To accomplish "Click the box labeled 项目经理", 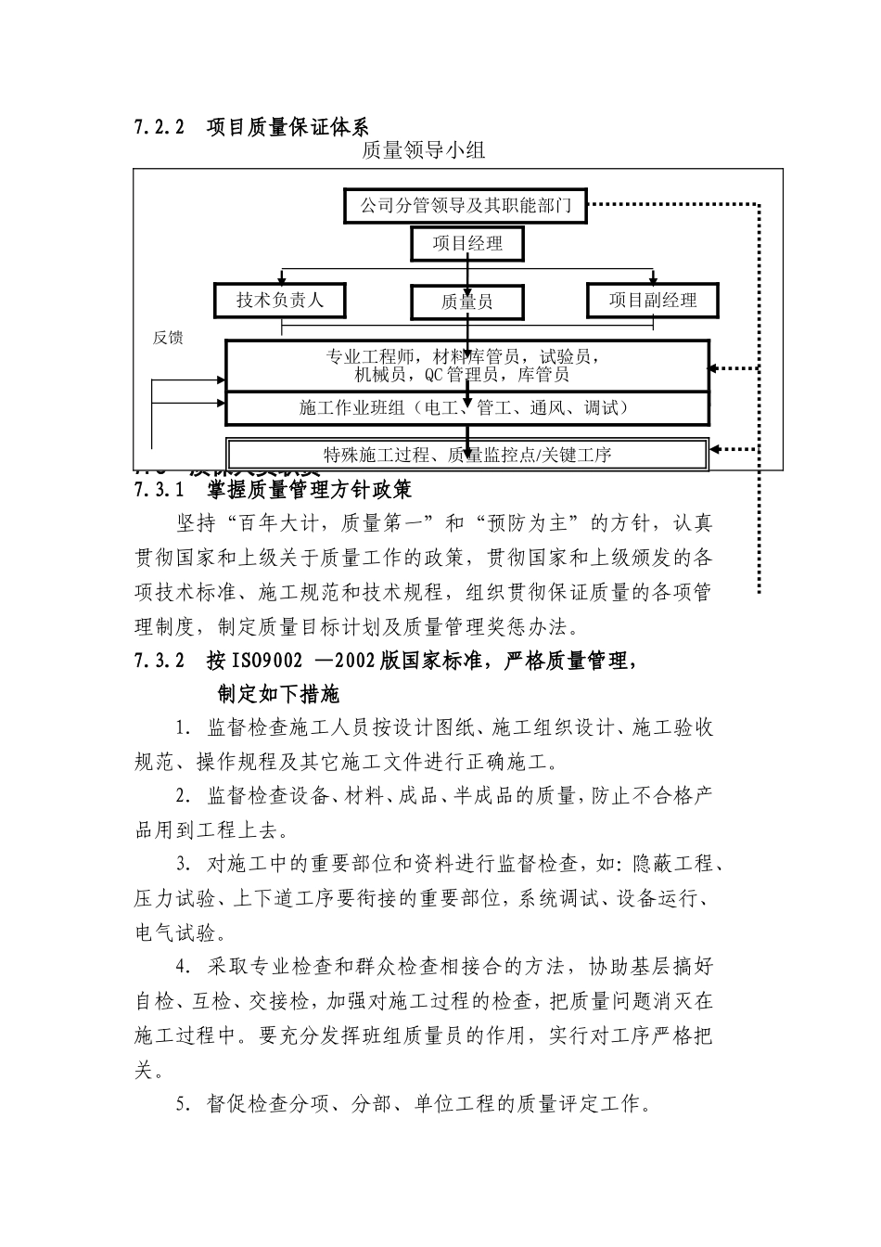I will coord(467,244).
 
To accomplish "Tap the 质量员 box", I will coord(466,302).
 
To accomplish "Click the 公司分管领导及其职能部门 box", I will coord(466,205).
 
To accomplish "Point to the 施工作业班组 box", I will coord(466,407).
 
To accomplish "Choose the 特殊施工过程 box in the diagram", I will coord(466,455).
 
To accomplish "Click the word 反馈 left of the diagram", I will coord(168,338).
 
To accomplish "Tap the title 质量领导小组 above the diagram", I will coord(424,151).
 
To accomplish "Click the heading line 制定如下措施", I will coord(278,694).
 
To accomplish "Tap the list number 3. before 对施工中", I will coord(183,865).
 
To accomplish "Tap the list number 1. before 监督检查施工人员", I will coord(183,727).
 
